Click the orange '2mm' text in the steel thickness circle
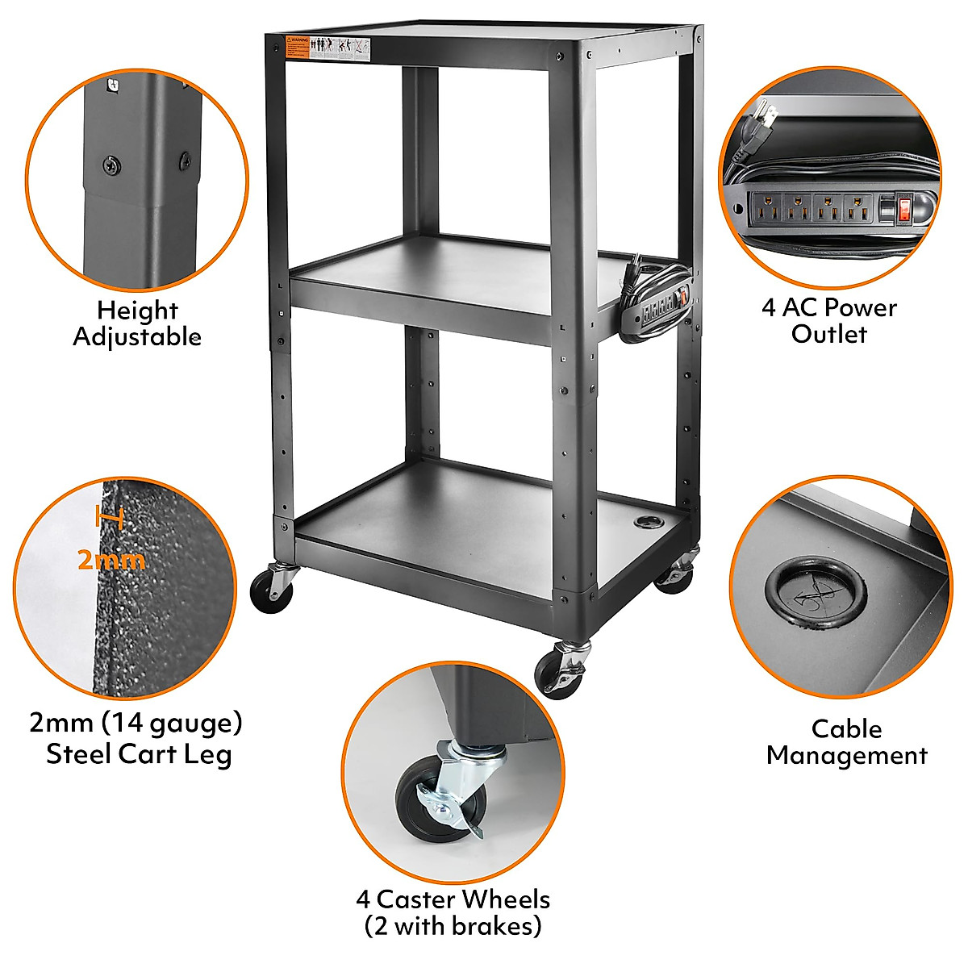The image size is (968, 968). click(111, 559)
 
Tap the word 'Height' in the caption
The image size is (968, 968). click(137, 311)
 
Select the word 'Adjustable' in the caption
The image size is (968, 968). click(136, 336)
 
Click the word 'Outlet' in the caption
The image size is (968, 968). click(828, 334)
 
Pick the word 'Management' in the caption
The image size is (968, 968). click(846, 756)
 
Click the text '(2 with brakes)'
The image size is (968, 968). click(453, 925)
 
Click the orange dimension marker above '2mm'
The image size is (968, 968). click(109, 517)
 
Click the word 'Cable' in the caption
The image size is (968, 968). click(846, 729)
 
